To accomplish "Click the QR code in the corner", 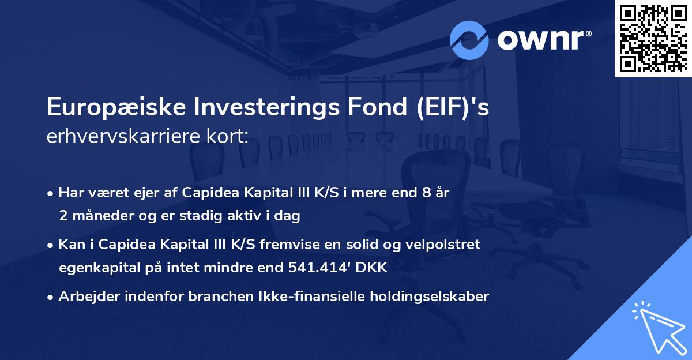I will [x=653, y=38].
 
